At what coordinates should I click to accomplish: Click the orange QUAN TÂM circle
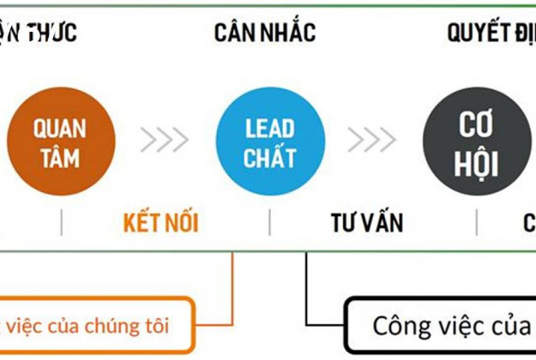59,142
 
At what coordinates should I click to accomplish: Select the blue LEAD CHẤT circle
269,142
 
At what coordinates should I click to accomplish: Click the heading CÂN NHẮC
265,33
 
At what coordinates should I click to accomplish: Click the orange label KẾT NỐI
161,224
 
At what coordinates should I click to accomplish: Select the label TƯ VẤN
367,224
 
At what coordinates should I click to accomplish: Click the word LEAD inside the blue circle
269,129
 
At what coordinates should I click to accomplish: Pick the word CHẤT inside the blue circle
269,158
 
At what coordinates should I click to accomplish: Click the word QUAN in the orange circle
59,129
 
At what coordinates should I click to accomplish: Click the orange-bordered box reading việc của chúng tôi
94,327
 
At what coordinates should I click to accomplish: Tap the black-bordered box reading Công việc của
442,327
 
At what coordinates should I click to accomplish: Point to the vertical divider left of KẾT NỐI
62,224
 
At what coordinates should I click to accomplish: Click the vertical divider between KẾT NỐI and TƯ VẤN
269,224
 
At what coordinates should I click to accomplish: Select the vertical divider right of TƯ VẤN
477,224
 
